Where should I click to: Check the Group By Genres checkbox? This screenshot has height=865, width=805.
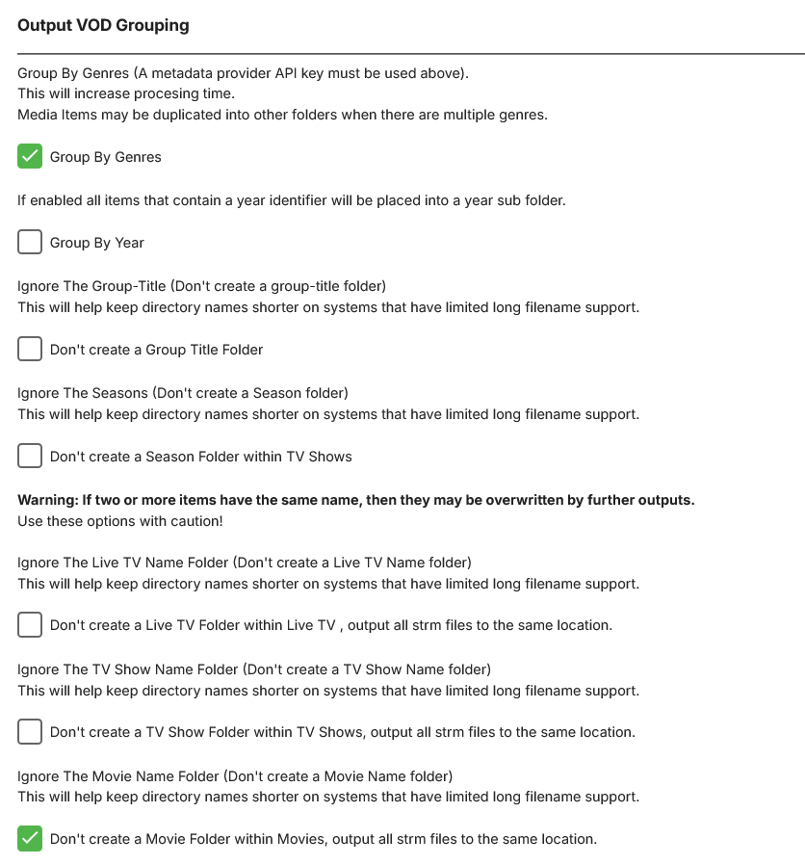pos(30,156)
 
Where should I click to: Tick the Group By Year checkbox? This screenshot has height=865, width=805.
pos(30,242)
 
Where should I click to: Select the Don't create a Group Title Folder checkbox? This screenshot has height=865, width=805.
pos(30,349)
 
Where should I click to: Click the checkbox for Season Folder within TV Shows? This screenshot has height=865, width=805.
pos(30,456)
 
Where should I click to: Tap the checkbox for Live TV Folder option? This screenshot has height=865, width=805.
pos(30,624)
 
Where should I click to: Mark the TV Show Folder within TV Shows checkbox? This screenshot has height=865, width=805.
pos(30,731)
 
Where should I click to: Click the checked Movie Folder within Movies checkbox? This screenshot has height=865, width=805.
pos(30,838)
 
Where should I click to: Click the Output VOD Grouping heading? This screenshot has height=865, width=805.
pos(103,26)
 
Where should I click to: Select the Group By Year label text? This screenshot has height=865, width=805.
pos(96,243)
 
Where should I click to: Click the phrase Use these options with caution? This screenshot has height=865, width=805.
pos(120,521)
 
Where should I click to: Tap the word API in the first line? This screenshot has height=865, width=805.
pos(288,72)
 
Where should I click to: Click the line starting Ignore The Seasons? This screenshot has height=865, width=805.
pos(183,393)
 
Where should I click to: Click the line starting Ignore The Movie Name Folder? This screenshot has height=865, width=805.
pos(235,775)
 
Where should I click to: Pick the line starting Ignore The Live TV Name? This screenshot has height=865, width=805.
pos(245,562)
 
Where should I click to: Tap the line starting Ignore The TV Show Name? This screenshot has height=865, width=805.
pos(254,668)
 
